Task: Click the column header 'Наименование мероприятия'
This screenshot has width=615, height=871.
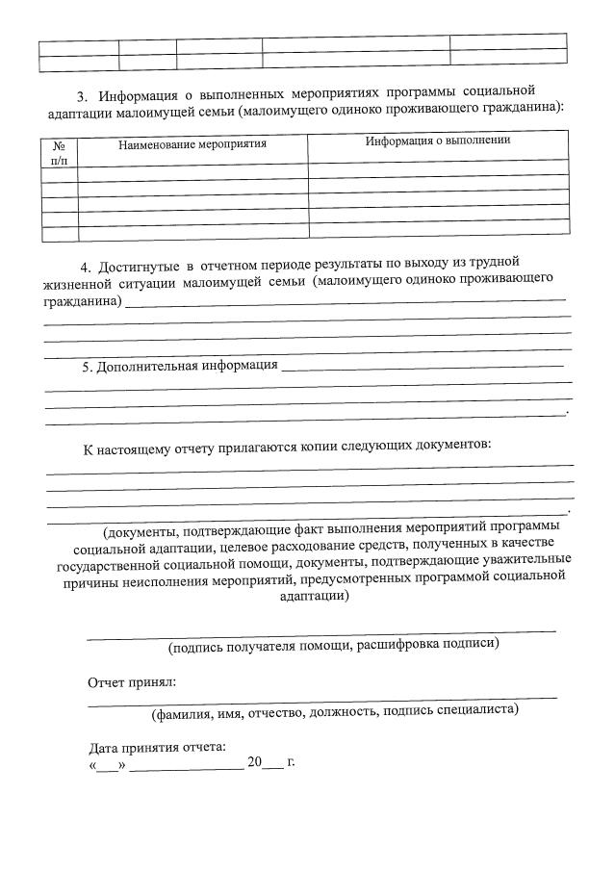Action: [x=192, y=144]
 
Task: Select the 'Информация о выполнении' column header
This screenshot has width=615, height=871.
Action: [x=437, y=141]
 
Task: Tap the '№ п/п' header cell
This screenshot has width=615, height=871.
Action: [x=59, y=152]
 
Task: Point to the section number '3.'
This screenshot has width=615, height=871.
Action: [x=82, y=94]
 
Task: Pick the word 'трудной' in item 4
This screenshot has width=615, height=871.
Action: [x=495, y=261]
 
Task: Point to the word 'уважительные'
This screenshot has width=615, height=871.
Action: [x=524, y=559]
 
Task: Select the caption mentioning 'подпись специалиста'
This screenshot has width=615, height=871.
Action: [x=335, y=711]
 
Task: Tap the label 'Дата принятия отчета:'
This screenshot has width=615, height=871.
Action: [x=158, y=748]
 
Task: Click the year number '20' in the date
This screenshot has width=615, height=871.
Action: [x=254, y=762]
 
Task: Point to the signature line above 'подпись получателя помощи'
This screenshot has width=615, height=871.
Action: [x=321, y=631]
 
